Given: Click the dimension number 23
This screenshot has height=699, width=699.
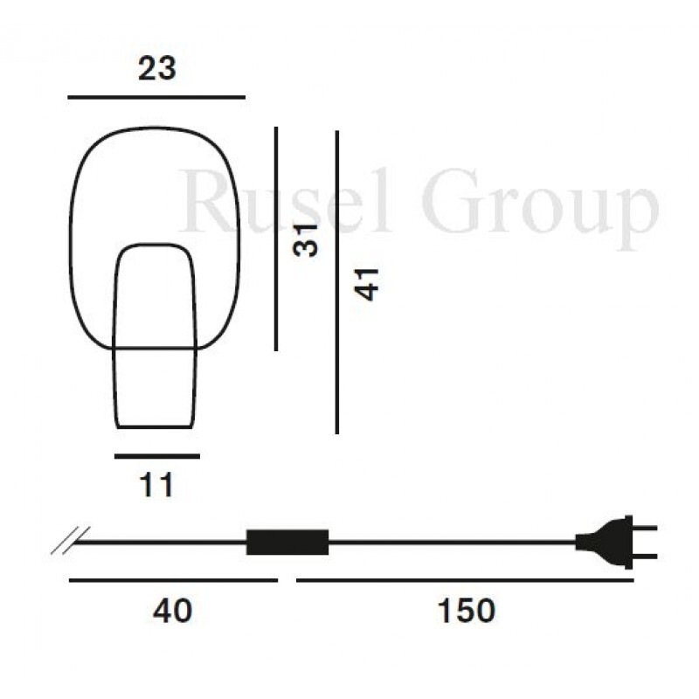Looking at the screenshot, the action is point(157,69).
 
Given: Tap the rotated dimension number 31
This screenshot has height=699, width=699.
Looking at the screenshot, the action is point(306,241).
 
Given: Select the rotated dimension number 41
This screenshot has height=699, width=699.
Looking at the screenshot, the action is point(366,285).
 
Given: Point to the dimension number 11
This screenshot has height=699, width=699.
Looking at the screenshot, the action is point(156,485).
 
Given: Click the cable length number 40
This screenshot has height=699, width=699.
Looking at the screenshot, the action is point(172,611).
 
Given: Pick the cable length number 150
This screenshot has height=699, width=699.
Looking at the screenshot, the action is point(467,611).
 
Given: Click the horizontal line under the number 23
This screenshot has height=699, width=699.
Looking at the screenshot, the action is point(156,97).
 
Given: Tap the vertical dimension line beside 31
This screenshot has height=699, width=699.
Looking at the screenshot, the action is point(276,239).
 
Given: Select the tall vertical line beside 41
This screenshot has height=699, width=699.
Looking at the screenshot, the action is point(336,282).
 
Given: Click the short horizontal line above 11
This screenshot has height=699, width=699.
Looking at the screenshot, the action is point(157,456).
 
